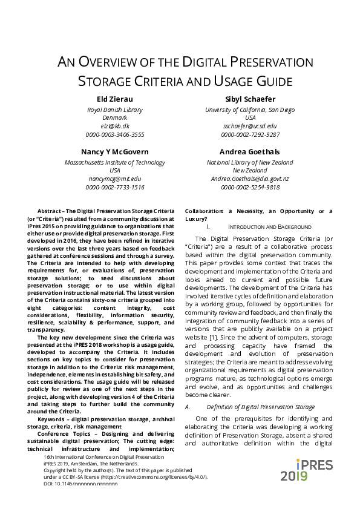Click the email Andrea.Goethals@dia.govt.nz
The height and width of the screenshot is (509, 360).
click(250, 179)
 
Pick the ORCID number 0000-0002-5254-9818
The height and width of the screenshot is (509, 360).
click(250, 187)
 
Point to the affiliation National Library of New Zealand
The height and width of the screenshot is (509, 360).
click(250, 162)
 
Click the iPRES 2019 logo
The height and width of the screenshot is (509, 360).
click(303, 470)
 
